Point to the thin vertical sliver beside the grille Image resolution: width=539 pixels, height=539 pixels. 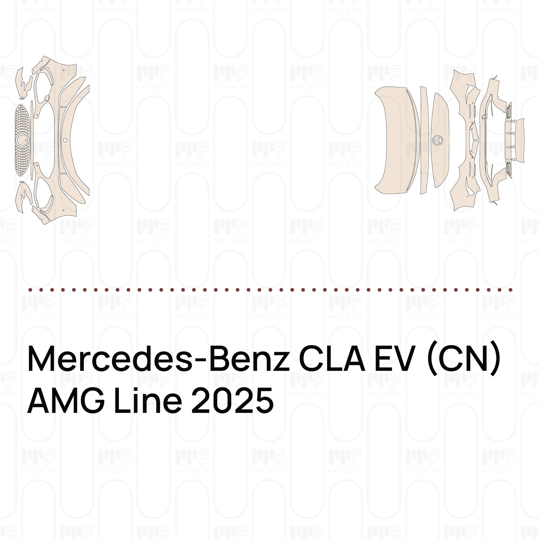point(32,140)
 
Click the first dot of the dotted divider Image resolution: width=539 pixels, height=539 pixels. point(30,290)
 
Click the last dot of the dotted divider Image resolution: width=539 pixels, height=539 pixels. point(510,290)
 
